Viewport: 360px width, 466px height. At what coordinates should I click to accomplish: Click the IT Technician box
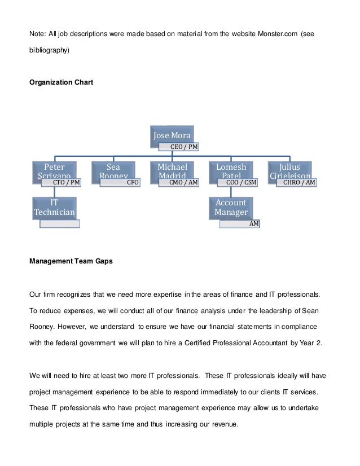(x=54, y=207)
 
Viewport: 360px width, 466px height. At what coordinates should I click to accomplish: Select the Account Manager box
(x=231, y=207)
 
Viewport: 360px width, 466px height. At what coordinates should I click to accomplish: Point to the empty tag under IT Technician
(x=60, y=223)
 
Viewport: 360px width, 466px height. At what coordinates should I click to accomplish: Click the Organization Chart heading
(x=61, y=82)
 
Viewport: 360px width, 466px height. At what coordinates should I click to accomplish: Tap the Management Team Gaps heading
(x=71, y=261)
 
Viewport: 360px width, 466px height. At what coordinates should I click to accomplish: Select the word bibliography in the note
(x=49, y=50)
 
